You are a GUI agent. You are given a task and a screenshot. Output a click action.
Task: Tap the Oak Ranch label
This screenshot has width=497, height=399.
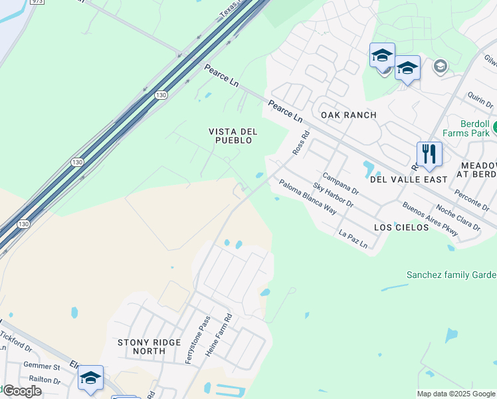[x=348, y=115]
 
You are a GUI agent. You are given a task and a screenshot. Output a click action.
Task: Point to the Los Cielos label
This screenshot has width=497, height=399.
[x=401, y=227]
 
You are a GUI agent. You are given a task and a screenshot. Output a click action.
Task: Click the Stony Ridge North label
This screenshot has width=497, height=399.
[x=149, y=346]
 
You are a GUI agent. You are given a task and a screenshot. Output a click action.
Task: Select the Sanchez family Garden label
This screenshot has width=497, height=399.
[x=451, y=275]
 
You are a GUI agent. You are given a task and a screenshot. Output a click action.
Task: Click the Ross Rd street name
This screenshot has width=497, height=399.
[x=302, y=143]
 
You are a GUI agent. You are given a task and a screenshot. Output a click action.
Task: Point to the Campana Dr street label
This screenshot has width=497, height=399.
[x=344, y=184]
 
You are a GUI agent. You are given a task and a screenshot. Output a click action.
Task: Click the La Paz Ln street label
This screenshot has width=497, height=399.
[x=353, y=240]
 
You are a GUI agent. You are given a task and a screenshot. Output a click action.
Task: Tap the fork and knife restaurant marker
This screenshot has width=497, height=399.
[x=429, y=154]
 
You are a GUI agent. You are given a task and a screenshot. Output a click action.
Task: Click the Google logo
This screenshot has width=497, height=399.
[x=21, y=391]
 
